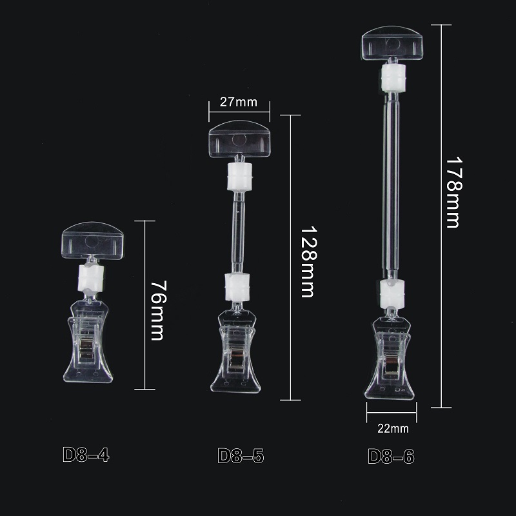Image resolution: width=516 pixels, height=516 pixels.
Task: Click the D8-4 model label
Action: coord(86,455)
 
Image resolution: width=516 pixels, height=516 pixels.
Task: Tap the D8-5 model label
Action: coord(241,456)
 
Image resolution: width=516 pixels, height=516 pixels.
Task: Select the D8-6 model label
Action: coord(391,456)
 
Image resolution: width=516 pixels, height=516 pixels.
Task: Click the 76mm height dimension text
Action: coord(158,310)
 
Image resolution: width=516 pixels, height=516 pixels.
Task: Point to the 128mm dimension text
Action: coord(309,262)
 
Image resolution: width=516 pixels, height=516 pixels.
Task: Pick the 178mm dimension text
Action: coord(455,192)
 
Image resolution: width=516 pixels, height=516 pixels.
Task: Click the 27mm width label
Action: coord(239,102)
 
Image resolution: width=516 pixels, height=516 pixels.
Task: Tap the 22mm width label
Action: coord(393,428)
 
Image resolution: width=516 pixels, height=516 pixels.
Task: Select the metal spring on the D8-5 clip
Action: coord(235,360)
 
